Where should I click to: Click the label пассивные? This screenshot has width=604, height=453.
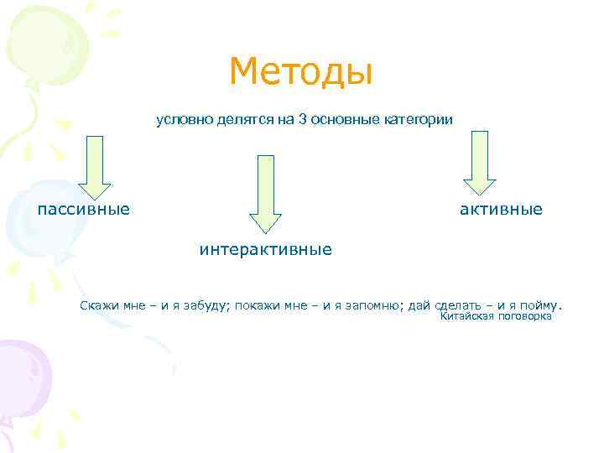pyautogui.click(x=83, y=208)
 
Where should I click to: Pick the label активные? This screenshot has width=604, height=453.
pyautogui.click(x=500, y=208)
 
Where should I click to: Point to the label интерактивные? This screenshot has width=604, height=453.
pyautogui.click(x=265, y=249)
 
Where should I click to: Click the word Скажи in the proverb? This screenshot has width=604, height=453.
pyautogui.click(x=101, y=305)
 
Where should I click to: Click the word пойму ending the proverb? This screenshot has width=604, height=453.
pyautogui.click(x=541, y=305)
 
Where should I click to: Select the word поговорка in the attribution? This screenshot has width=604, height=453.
pyautogui.click(x=525, y=317)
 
